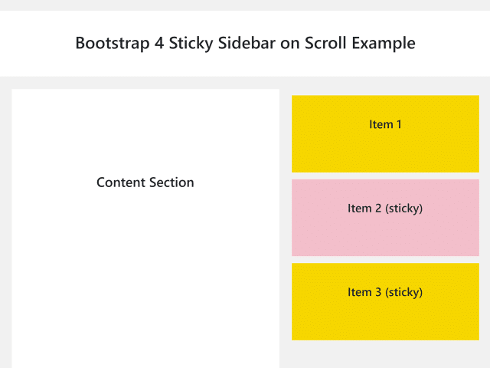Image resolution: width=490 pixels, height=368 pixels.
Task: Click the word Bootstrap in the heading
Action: pos(113,43)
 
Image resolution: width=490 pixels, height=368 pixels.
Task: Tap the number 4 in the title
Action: pos(159,43)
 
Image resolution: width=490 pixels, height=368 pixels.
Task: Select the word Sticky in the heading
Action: pos(191,43)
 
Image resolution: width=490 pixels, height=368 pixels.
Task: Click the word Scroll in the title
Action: pos(325,43)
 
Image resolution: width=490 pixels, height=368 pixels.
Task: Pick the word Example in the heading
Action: pos(384,43)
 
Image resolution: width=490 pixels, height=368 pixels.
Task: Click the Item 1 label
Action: pos(385,124)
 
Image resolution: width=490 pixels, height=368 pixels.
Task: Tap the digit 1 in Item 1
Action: pos(399,124)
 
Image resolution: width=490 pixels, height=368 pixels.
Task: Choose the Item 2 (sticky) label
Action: pos(385,209)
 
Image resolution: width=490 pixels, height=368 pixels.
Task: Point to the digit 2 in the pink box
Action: pos(378,209)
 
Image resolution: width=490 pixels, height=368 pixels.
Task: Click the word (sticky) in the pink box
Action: pos(403,209)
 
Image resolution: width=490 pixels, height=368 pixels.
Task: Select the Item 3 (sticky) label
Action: pos(385,293)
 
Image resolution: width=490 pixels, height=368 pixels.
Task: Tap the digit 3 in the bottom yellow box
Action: pos(378,292)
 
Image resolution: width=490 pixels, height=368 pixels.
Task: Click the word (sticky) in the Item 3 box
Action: pos(403,293)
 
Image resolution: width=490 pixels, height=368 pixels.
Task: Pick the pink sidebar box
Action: pos(385,218)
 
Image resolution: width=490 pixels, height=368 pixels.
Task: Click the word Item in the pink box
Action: pos(360,209)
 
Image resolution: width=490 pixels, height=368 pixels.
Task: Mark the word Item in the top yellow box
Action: pos(381,124)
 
